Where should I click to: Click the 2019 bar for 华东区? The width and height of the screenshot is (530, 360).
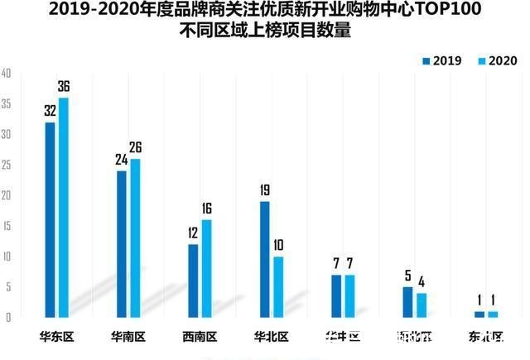[50, 219]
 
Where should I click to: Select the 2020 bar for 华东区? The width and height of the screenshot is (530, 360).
[64, 207]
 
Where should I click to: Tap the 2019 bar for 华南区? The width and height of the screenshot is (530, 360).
[122, 243]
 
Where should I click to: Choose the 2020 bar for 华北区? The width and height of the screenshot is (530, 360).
[279, 286]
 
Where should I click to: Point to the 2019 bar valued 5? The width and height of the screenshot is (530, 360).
[407, 302]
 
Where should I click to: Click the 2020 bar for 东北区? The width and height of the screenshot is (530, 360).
[494, 314]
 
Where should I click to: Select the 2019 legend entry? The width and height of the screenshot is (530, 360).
[446, 61]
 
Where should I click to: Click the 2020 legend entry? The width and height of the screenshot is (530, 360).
[496, 61]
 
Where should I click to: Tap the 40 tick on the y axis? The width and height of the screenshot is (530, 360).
[6, 74]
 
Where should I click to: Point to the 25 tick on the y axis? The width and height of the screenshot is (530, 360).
[6, 166]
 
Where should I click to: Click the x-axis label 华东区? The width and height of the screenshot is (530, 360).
[57, 337]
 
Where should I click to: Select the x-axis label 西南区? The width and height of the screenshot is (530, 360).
[200, 337]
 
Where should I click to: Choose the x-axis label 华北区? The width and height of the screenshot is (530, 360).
[271, 337]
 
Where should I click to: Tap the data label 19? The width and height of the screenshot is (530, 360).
[264, 190]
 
